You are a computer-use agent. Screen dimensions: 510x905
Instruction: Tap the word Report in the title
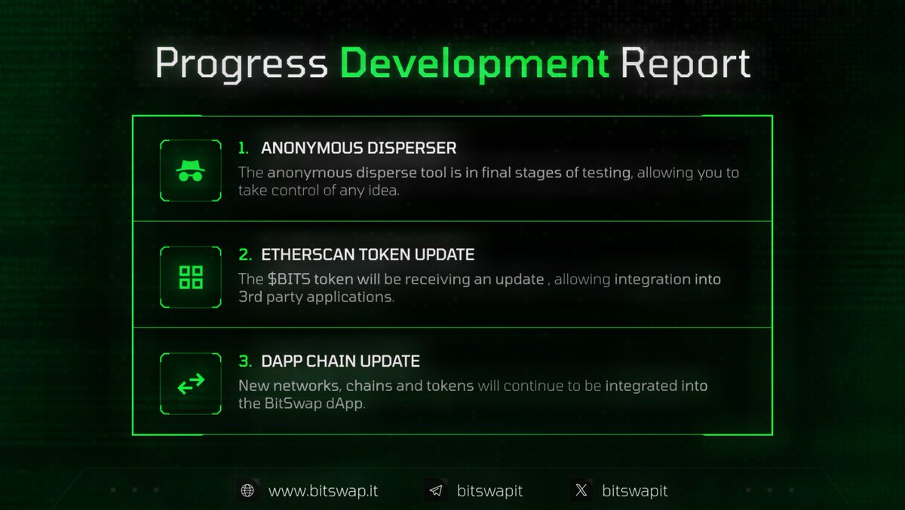point(686,63)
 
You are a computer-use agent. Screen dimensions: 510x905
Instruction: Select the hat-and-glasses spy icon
point(191,171)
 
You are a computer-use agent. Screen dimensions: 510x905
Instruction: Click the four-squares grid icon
point(191,278)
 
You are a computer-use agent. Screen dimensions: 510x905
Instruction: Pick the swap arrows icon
point(191,383)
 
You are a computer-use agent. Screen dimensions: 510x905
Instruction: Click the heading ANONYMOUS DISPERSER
point(358,148)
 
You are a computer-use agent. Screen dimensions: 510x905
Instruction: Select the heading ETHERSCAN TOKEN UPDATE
point(368,255)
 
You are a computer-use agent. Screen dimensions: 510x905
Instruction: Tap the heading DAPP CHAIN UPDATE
point(340,361)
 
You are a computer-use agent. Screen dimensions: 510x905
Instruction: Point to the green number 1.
point(243,148)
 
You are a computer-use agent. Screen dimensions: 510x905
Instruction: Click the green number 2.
point(244,255)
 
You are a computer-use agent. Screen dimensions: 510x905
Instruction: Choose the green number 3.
point(244,361)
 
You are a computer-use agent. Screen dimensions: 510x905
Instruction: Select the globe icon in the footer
point(247,491)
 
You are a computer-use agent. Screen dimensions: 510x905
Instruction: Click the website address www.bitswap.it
point(323,491)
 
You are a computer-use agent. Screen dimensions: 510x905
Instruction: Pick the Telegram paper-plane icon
point(435,491)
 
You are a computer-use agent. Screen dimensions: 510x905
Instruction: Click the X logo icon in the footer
point(581,491)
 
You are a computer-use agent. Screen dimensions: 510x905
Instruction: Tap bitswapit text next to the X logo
point(634,491)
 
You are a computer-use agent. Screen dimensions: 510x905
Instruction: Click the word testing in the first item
point(605,173)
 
